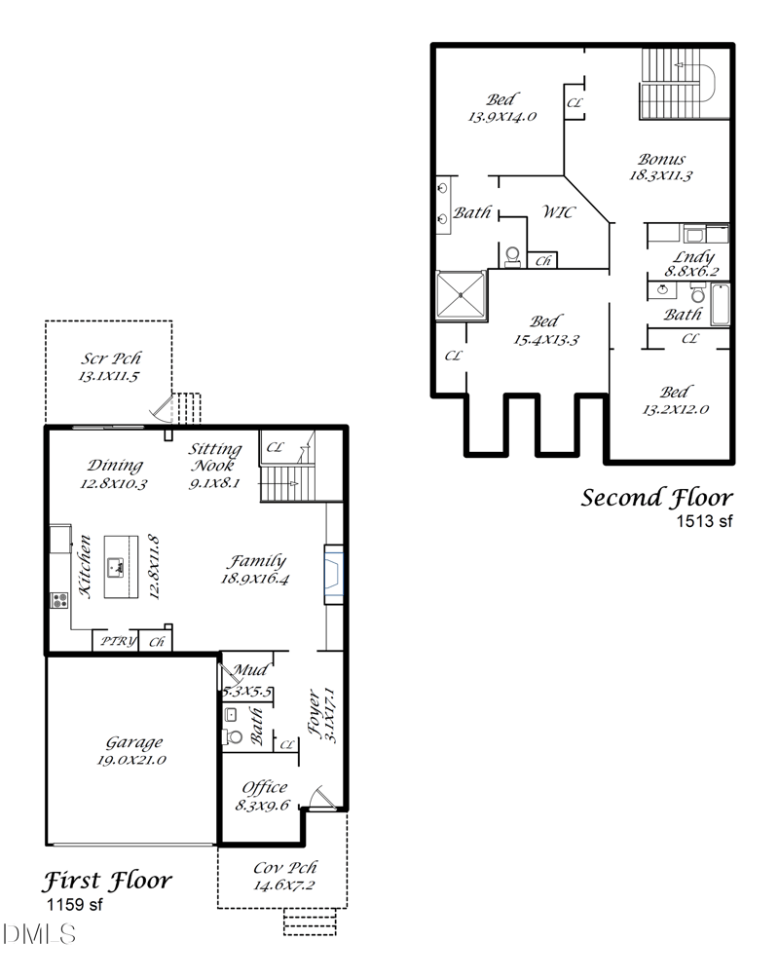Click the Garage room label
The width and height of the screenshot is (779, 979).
click(134, 742)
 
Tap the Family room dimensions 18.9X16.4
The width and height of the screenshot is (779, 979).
click(255, 579)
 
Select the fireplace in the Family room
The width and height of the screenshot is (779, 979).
click(333, 575)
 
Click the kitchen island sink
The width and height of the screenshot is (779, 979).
click(116, 567)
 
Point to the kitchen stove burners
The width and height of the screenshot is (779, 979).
click(59, 601)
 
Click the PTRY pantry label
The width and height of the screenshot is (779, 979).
click(118, 641)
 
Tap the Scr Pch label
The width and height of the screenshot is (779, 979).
click(110, 358)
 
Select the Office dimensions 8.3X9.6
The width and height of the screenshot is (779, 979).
click(262, 806)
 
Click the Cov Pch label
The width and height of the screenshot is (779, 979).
click(284, 868)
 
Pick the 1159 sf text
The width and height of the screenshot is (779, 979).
click(74, 904)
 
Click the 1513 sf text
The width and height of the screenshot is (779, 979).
click(704, 521)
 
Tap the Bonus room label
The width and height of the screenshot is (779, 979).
click(661, 159)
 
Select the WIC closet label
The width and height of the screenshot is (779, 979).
click(558, 212)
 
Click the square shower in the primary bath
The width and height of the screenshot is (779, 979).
click(461, 295)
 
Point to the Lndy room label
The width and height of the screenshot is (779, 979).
click(693, 257)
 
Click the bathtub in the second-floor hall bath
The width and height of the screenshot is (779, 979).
click(720, 305)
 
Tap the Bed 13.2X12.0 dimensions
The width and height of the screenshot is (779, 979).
click(676, 409)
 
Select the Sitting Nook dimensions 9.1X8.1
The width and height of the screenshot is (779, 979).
click(214, 483)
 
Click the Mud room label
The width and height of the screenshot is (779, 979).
click(250, 670)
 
